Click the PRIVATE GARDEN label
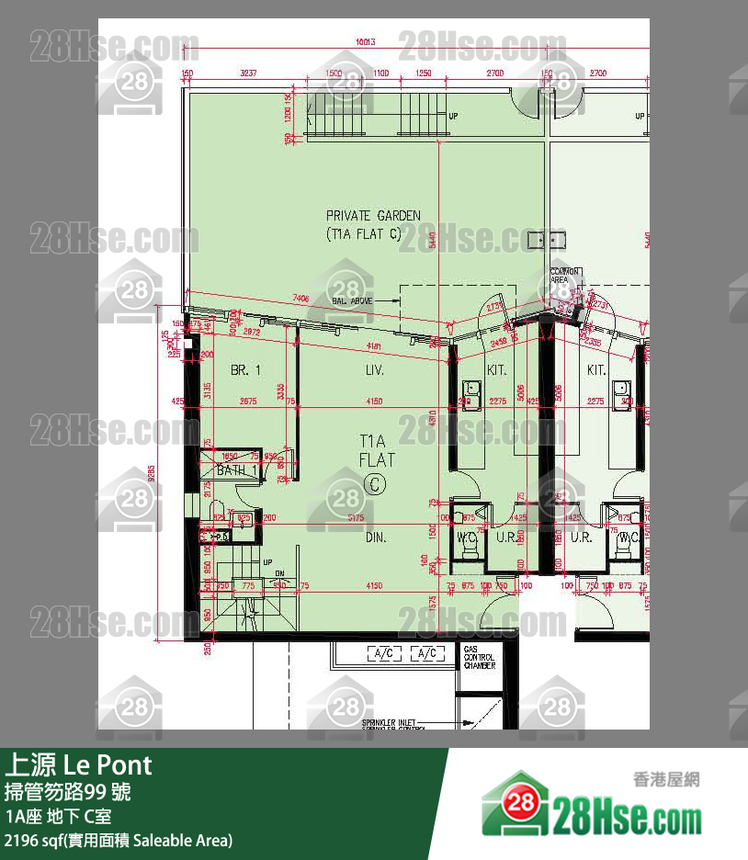(373, 216)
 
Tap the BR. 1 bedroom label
(246, 370)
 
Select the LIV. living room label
(374, 370)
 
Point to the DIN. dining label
(374, 537)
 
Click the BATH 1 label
(237, 470)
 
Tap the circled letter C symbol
(374, 482)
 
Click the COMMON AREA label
(564, 275)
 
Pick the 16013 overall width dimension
(367, 42)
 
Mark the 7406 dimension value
(300, 298)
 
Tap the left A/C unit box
(385, 653)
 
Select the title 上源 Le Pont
(79, 764)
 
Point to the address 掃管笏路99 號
(68, 791)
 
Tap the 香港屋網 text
(666, 779)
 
